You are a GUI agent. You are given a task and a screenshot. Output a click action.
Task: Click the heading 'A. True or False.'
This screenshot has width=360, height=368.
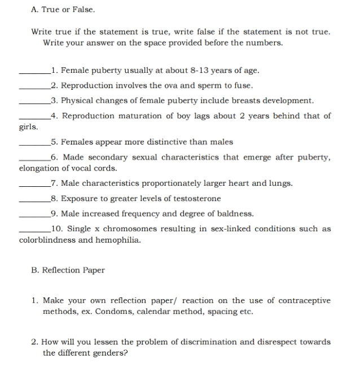[x=63, y=10]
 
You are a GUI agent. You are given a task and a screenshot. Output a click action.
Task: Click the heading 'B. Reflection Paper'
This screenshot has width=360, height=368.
[x=68, y=270]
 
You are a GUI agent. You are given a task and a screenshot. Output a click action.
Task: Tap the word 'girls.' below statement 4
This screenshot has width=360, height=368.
[x=29, y=127]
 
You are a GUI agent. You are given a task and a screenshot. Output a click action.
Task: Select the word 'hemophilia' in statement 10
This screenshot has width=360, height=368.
[x=118, y=240]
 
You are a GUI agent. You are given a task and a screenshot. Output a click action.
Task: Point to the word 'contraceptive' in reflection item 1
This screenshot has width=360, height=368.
[x=304, y=300]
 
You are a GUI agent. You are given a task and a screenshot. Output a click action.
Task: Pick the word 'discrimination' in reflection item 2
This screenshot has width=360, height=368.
[x=208, y=342]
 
